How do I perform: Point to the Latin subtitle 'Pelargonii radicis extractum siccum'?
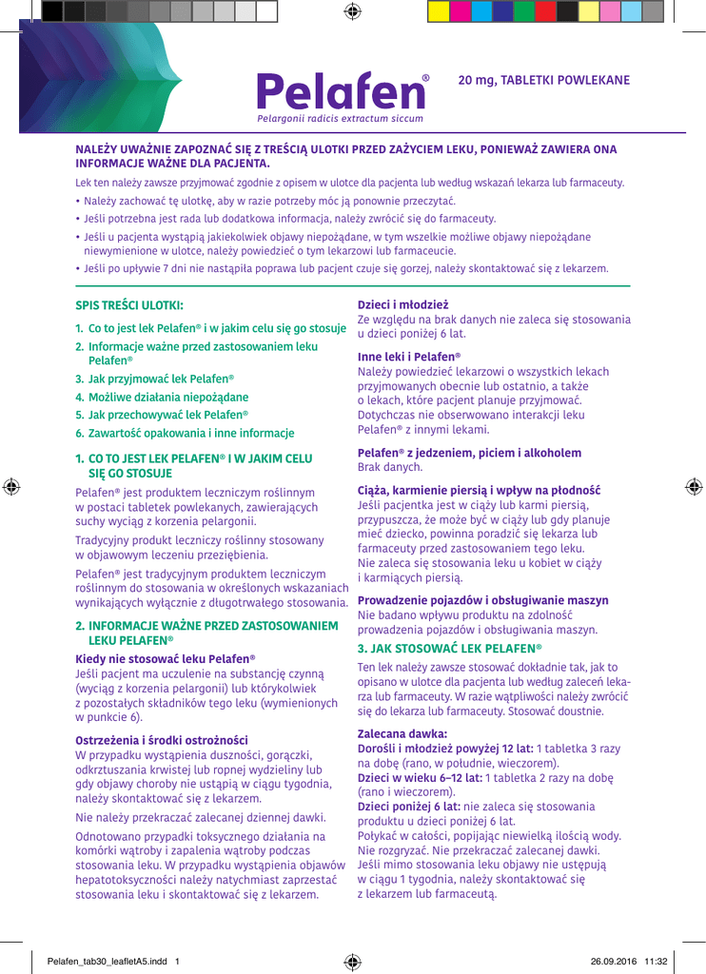[340, 119]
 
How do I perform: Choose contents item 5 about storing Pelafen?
[162, 415]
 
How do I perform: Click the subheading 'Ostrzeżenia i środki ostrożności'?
[161, 739]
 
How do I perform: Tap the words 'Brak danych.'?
[390, 467]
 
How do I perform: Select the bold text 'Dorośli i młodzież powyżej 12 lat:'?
[442, 749]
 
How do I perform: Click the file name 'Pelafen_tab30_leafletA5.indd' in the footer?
[107, 959]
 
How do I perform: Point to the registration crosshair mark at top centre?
[353, 11]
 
